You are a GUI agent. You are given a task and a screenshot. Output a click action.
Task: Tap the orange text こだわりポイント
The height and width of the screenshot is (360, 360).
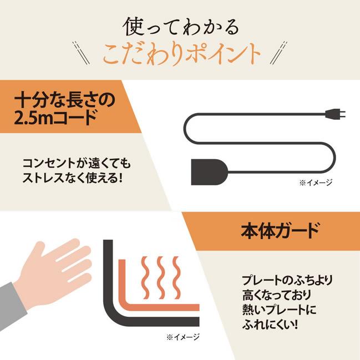click(181, 53)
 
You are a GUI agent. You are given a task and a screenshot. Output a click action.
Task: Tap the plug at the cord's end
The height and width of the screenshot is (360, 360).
click(336, 115)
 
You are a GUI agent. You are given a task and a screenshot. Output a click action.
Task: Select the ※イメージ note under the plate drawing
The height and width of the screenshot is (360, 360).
click(182, 336)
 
